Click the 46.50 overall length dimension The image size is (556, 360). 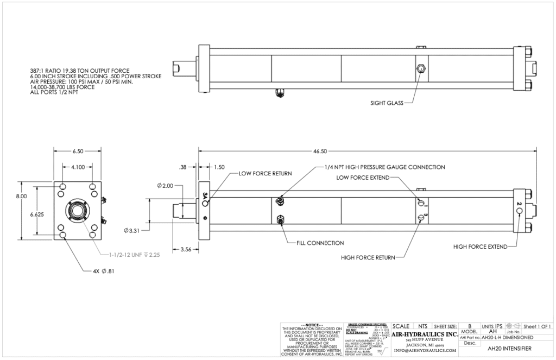point(367,151)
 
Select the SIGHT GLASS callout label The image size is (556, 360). point(387,102)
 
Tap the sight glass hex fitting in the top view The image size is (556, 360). point(421,69)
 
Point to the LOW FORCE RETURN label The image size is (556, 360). point(266,173)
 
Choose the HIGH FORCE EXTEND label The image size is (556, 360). point(481,247)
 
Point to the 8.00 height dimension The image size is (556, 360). point(20,197)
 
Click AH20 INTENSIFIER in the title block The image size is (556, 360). point(506,348)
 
